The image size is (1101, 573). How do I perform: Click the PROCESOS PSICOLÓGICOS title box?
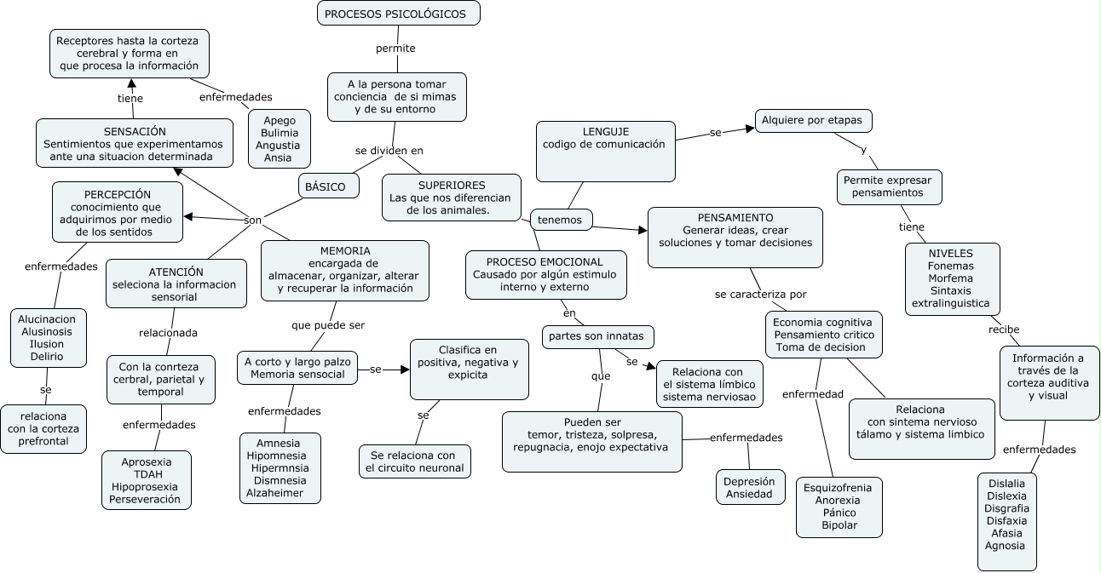(x=398, y=14)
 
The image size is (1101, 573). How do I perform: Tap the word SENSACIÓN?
(x=135, y=131)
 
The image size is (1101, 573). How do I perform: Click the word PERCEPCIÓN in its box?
(x=118, y=194)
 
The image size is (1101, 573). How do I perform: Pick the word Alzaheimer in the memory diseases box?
(x=275, y=492)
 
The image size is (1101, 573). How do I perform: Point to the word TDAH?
(x=145, y=473)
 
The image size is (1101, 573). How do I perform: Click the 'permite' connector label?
(x=395, y=49)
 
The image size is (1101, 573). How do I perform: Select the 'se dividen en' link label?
(x=389, y=151)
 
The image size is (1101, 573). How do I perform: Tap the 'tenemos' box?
(x=560, y=220)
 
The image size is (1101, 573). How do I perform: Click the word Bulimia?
(x=278, y=133)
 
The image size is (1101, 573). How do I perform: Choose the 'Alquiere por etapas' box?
(x=812, y=120)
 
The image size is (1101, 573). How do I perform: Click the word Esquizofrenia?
(x=838, y=488)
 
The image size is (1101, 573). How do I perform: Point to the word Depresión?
(x=749, y=481)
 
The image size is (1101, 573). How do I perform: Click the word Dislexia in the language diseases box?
(x=1006, y=495)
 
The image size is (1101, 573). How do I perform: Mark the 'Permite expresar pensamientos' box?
(x=888, y=186)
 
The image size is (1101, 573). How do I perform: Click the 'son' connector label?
(x=253, y=220)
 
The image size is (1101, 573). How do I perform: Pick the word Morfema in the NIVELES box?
(x=950, y=278)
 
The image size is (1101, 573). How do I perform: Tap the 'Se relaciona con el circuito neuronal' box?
(x=415, y=461)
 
